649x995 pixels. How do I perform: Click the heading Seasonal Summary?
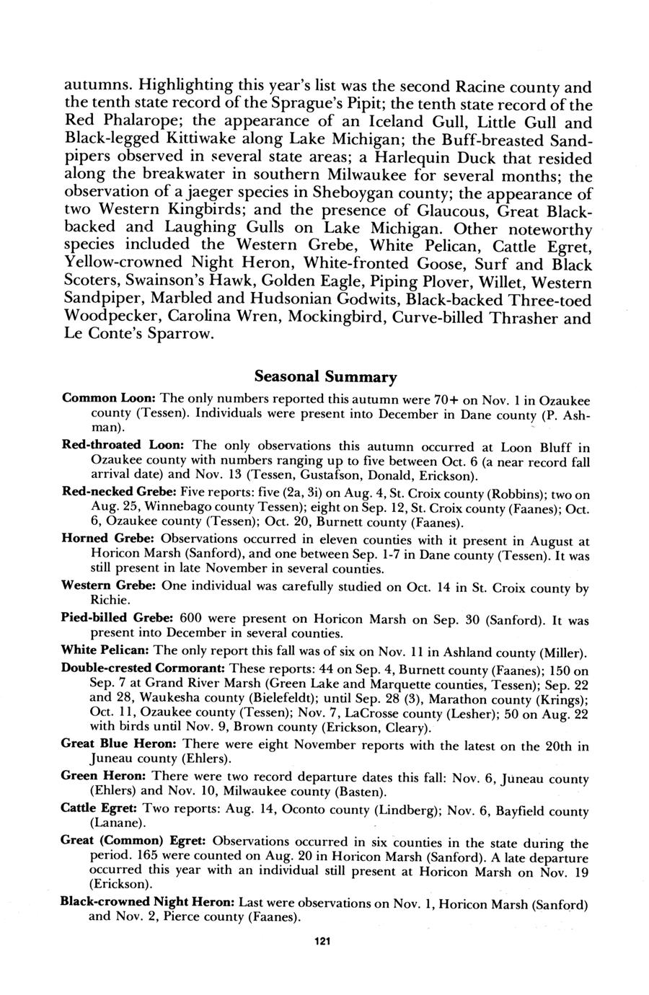(x=324, y=376)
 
